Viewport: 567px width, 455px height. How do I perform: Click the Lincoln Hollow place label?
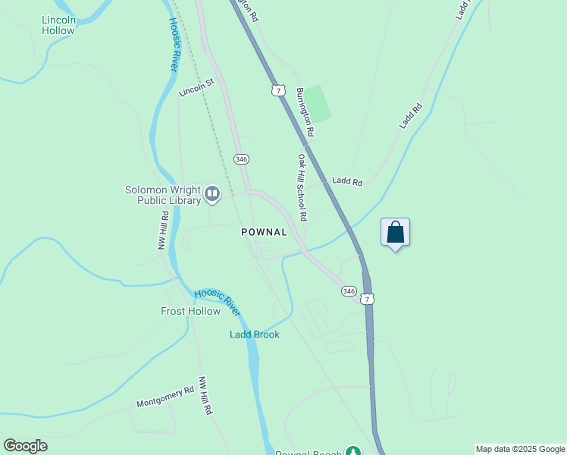tap(58, 25)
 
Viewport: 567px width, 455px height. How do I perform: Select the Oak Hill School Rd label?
tap(302, 187)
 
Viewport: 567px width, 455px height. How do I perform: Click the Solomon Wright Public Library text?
tap(163, 195)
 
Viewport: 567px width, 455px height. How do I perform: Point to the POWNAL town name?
tap(264, 232)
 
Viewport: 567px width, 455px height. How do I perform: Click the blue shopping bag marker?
tap(395, 232)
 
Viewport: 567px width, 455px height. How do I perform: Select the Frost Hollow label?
tap(190, 311)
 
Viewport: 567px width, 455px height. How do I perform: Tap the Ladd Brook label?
tap(255, 334)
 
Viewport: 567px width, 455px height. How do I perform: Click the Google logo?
tap(25, 446)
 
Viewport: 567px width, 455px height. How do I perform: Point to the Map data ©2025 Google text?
tap(520, 449)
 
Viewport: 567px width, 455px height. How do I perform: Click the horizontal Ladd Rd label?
tap(347, 182)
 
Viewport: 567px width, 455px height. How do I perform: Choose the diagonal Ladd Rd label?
tap(411, 116)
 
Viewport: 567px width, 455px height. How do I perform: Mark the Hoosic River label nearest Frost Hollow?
tap(217, 303)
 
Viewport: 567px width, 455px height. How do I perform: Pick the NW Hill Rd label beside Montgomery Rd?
tap(205, 395)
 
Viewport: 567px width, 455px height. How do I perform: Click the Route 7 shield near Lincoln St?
tap(278, 90)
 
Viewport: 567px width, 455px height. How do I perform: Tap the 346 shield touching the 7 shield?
tap(349, 291)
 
